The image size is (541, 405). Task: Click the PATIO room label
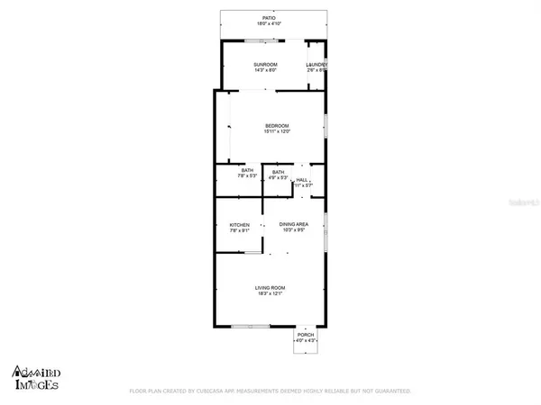point(268,17)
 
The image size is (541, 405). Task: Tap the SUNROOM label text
point(265,65)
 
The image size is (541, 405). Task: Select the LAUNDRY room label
point(316,65)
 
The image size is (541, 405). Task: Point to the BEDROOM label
point(277,125)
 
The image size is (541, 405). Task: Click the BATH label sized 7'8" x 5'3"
point(246,171)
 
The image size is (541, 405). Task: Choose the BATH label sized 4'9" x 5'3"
point(278,172)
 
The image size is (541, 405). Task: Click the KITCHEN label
point(239,225)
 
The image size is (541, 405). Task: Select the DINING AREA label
point(293,224)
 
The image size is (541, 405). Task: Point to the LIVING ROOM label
point(270,287)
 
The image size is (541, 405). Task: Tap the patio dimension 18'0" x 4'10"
point(269,23)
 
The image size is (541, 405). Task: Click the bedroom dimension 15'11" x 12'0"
point(277,131)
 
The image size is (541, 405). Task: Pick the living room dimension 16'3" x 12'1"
point(270,293)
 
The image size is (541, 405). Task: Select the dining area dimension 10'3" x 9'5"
point(293,230)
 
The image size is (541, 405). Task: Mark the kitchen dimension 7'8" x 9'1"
point(239,231)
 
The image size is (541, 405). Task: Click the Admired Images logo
point(37,377)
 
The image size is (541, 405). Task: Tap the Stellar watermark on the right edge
point(521,205)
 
